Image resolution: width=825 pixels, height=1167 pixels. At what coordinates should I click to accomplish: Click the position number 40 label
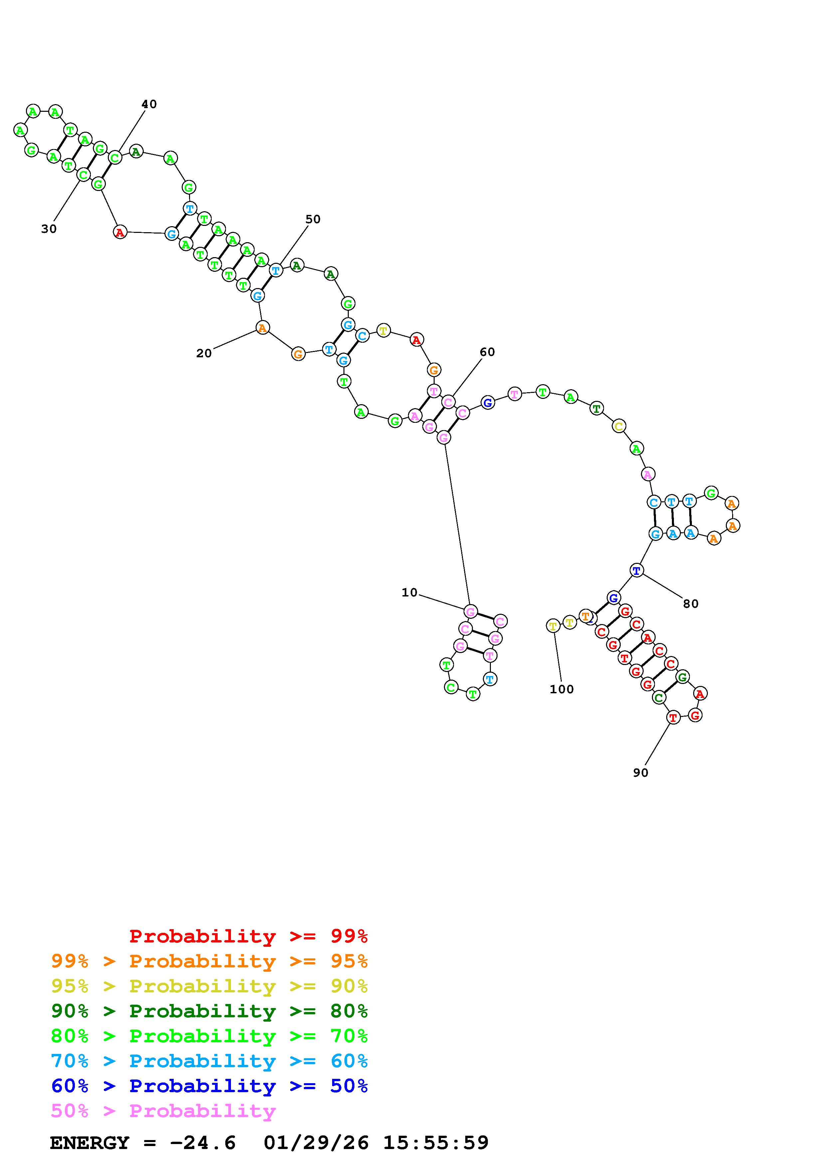[x=149, y=104]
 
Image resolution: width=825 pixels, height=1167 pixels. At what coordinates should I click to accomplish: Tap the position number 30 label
[x=49, y=229]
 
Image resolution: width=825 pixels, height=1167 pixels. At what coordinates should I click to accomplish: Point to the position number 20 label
[x=204, y=353]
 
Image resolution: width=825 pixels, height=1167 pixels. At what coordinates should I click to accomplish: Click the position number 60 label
[x=487, y=352]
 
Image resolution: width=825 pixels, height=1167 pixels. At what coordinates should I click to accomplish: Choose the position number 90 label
[x=641, y=772]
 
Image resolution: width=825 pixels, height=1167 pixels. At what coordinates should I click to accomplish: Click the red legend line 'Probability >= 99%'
[x=249, y=936]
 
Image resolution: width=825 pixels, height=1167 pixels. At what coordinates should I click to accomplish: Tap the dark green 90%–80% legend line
[x=209, y=1011]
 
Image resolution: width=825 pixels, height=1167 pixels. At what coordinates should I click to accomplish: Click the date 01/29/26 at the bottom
[x=316, y=1143]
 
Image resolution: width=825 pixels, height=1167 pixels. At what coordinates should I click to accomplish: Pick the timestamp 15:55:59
[x=436, y=1143]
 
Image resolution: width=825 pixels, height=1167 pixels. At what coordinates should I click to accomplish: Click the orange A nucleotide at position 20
[x=262, y=328]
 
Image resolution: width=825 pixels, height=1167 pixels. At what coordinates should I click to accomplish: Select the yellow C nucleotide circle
[x=619, y=426]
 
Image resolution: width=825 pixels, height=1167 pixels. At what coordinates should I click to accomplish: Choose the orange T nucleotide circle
[x=586, y=616]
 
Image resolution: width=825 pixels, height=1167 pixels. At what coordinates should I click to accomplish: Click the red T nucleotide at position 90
[x=673, y=718]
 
